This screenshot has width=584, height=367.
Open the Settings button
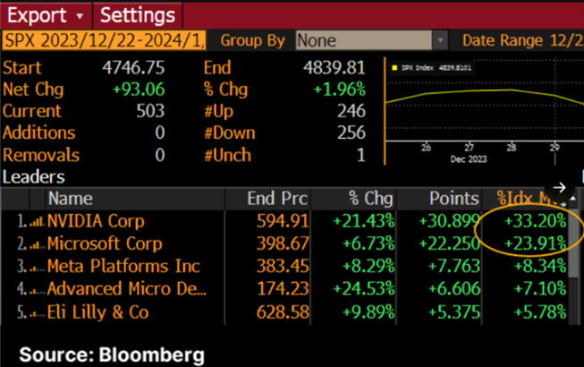click(x=137, y=15)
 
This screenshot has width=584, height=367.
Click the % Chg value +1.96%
click(x=339, y=90)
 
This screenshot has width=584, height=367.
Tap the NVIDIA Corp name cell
click(x=96, y=220)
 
